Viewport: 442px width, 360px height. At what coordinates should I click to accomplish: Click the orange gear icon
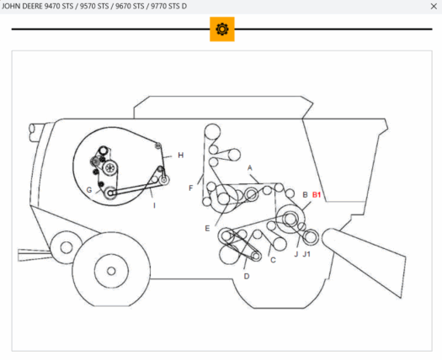pos(221,29)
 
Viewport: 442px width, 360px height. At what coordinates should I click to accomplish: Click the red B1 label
pos(317,195)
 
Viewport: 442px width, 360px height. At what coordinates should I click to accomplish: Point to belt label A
pos(250,168)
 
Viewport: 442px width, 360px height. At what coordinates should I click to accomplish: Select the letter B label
pos(304,195)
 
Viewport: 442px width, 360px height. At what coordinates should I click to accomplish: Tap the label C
pos(273,260)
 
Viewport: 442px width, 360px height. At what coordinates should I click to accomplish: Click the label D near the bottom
pos(246,276)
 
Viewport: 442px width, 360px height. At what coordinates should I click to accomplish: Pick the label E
pos(206,228)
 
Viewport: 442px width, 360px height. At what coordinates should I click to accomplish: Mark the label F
pos(190,188)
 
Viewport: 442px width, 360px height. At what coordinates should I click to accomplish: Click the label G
pos(88,190)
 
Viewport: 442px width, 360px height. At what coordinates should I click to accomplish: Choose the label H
pos(180,156)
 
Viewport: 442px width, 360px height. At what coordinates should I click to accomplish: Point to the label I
pos(154,204)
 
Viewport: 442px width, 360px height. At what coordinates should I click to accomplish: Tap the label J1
pos(307,252)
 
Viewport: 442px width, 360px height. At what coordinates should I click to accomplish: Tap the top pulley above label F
pos(214,132)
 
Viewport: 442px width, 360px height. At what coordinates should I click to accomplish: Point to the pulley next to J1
pos(311,236)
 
